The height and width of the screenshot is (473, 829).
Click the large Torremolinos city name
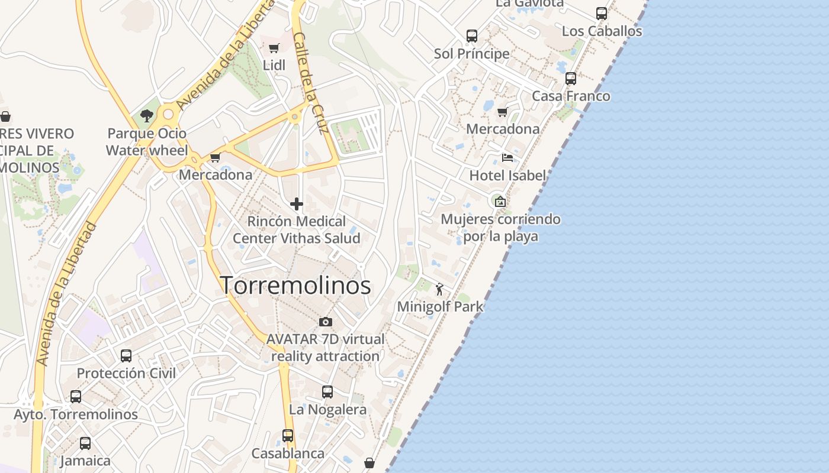(295, 286)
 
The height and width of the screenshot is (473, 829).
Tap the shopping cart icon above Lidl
(274, 48)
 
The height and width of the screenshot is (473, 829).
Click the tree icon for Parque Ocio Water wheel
(147, 116)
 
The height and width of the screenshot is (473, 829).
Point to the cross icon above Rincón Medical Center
(297, 205)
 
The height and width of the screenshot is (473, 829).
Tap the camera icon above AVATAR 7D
(325, 322)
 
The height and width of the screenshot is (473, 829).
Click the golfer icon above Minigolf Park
(439, 289)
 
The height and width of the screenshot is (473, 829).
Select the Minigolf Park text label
(440, 307)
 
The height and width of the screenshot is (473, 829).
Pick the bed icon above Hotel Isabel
(507, 158)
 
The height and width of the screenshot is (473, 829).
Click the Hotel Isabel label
(507, 176)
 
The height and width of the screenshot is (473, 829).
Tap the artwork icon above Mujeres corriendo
(500, 202)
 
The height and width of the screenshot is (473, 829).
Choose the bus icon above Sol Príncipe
(471, 36)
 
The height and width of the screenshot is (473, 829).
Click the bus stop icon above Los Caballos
(602, 14)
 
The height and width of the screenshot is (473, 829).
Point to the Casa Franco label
(571, 96)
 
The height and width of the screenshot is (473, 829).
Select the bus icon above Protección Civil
(126, 356)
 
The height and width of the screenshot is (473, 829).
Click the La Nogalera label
(327, 409)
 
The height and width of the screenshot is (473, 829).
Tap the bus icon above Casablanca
(288, 436)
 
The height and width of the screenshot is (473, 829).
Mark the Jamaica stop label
(85, 461)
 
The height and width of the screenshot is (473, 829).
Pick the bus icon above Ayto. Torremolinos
(76, 397)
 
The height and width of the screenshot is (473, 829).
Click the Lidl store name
(274, 66)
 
